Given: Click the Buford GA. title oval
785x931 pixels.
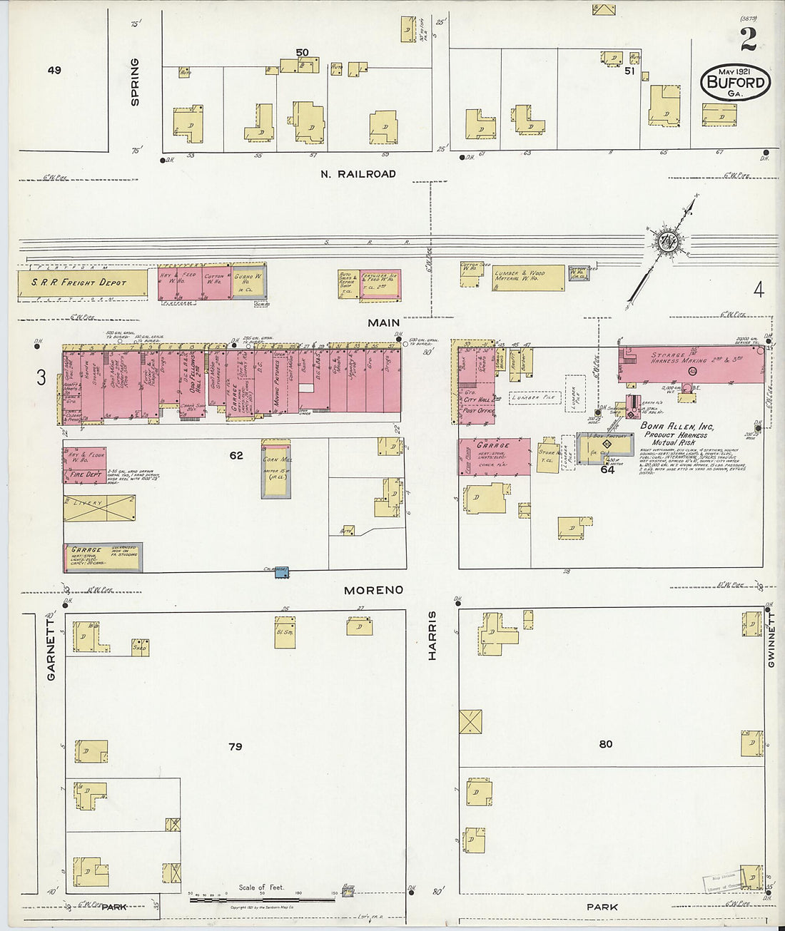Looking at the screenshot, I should pos(736,81).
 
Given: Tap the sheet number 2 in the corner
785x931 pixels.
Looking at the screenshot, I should pos(748,40).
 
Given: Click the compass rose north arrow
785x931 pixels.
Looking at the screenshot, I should pos(669,243).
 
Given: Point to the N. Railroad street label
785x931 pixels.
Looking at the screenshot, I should pos(358,174).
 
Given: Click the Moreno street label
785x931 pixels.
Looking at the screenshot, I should pos(373,590).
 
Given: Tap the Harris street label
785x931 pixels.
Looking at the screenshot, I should pos(432,635).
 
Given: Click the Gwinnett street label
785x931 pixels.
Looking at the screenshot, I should pos(771,642).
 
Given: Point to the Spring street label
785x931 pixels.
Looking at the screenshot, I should pos(135,82).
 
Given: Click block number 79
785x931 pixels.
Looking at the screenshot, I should pos(235,746).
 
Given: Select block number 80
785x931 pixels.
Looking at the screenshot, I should pos(605,743).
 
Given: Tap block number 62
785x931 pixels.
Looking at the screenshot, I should pos(235,455).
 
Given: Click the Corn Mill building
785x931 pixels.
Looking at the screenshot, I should pos(276,467).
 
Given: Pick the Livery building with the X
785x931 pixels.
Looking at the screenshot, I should pos(99,507).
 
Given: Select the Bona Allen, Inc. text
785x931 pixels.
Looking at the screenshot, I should pos(677,426).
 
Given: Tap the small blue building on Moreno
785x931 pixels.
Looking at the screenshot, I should pos(276,572).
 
